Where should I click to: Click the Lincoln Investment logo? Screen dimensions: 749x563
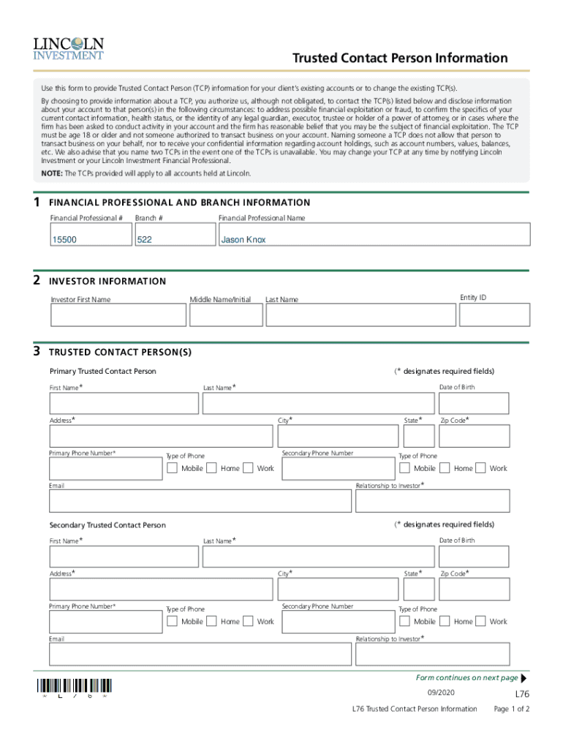[68, 48]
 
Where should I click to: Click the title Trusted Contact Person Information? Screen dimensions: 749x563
[400, 58]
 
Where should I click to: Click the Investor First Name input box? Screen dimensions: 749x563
[118, 315]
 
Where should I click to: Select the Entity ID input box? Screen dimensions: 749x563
[494, 315]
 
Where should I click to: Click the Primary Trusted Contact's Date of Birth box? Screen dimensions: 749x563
[474, 403]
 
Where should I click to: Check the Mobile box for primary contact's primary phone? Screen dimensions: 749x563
[172, 468]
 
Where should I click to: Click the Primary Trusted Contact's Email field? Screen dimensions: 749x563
[200, 501]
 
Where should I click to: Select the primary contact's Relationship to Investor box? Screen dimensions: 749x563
[432, 501]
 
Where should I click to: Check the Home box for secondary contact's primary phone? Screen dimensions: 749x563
[211, 621]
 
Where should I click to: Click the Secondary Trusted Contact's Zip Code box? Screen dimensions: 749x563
[474, 589]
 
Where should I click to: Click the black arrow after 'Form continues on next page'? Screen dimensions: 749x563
[524, 678]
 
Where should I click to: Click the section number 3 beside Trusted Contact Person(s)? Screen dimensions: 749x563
[37, 351]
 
